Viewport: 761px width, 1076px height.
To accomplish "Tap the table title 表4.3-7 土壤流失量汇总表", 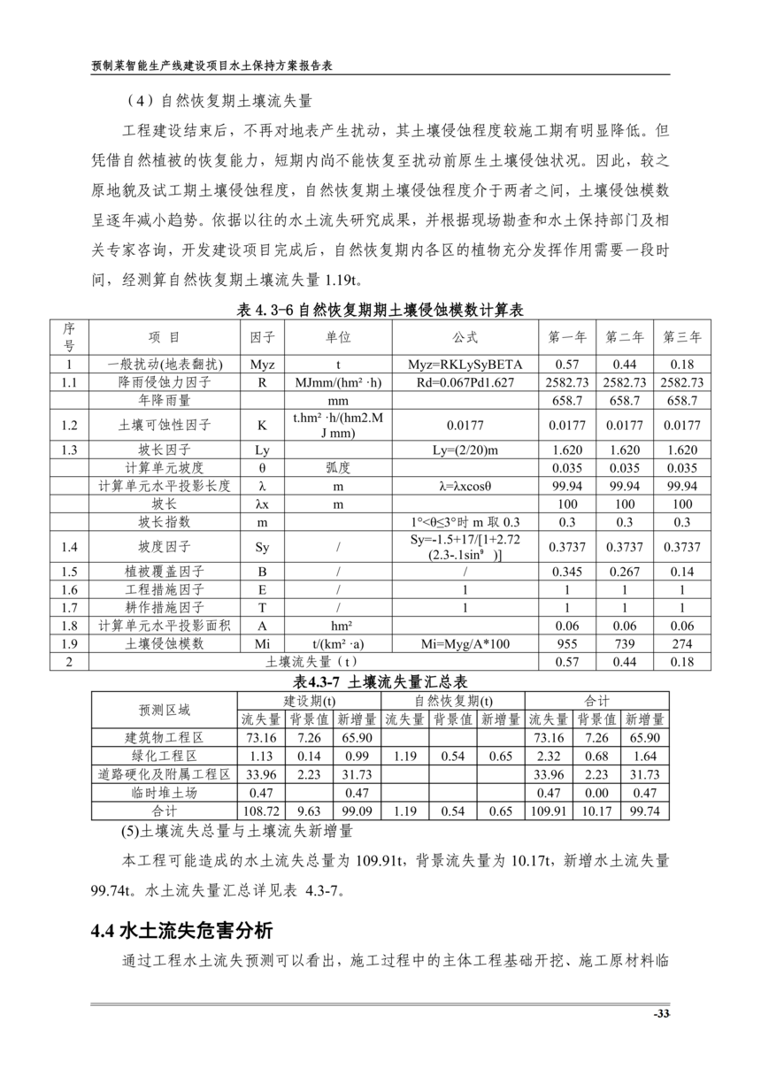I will tap(380, 681).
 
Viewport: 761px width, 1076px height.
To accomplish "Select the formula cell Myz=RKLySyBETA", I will tap(465, 365).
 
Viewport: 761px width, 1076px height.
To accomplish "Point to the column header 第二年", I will tap(625, 337).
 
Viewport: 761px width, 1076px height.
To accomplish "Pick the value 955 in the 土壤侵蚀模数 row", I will tap(567, 644).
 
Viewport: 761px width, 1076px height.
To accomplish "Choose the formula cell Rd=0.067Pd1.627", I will tap(465, 382).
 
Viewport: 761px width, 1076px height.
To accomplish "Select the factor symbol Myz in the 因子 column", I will tap(263, 365).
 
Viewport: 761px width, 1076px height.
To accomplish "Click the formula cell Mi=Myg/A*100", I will tap(465, 644).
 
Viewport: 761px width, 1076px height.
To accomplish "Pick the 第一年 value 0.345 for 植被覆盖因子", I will tap(567, 572).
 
